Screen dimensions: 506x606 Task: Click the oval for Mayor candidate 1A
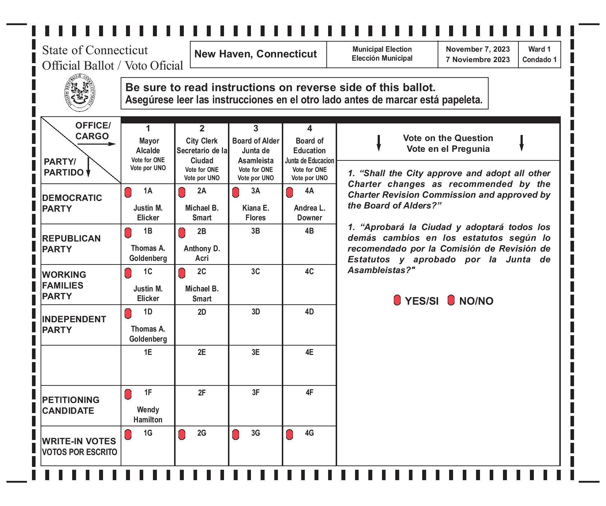coord(128,192)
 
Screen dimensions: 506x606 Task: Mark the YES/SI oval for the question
coord(397,300)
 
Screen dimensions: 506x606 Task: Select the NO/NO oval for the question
coord(451,300)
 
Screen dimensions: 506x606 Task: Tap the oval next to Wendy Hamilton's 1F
coord(128,394)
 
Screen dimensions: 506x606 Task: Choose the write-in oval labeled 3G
coord(236,435)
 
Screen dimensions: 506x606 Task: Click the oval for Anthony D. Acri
coord(182,233)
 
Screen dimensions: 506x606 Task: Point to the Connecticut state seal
coord(80,93)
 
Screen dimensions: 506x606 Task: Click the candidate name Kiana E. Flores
coord(255,213)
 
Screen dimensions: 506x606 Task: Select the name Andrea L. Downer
coord(309,213)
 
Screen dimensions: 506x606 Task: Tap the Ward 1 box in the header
coord(539,54)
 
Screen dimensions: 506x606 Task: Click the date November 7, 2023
coord(478,50)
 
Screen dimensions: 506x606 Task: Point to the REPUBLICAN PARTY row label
coord(71,244)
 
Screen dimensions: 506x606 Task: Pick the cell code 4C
coord(309,272)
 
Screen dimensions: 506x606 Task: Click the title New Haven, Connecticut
coord(256,54)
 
